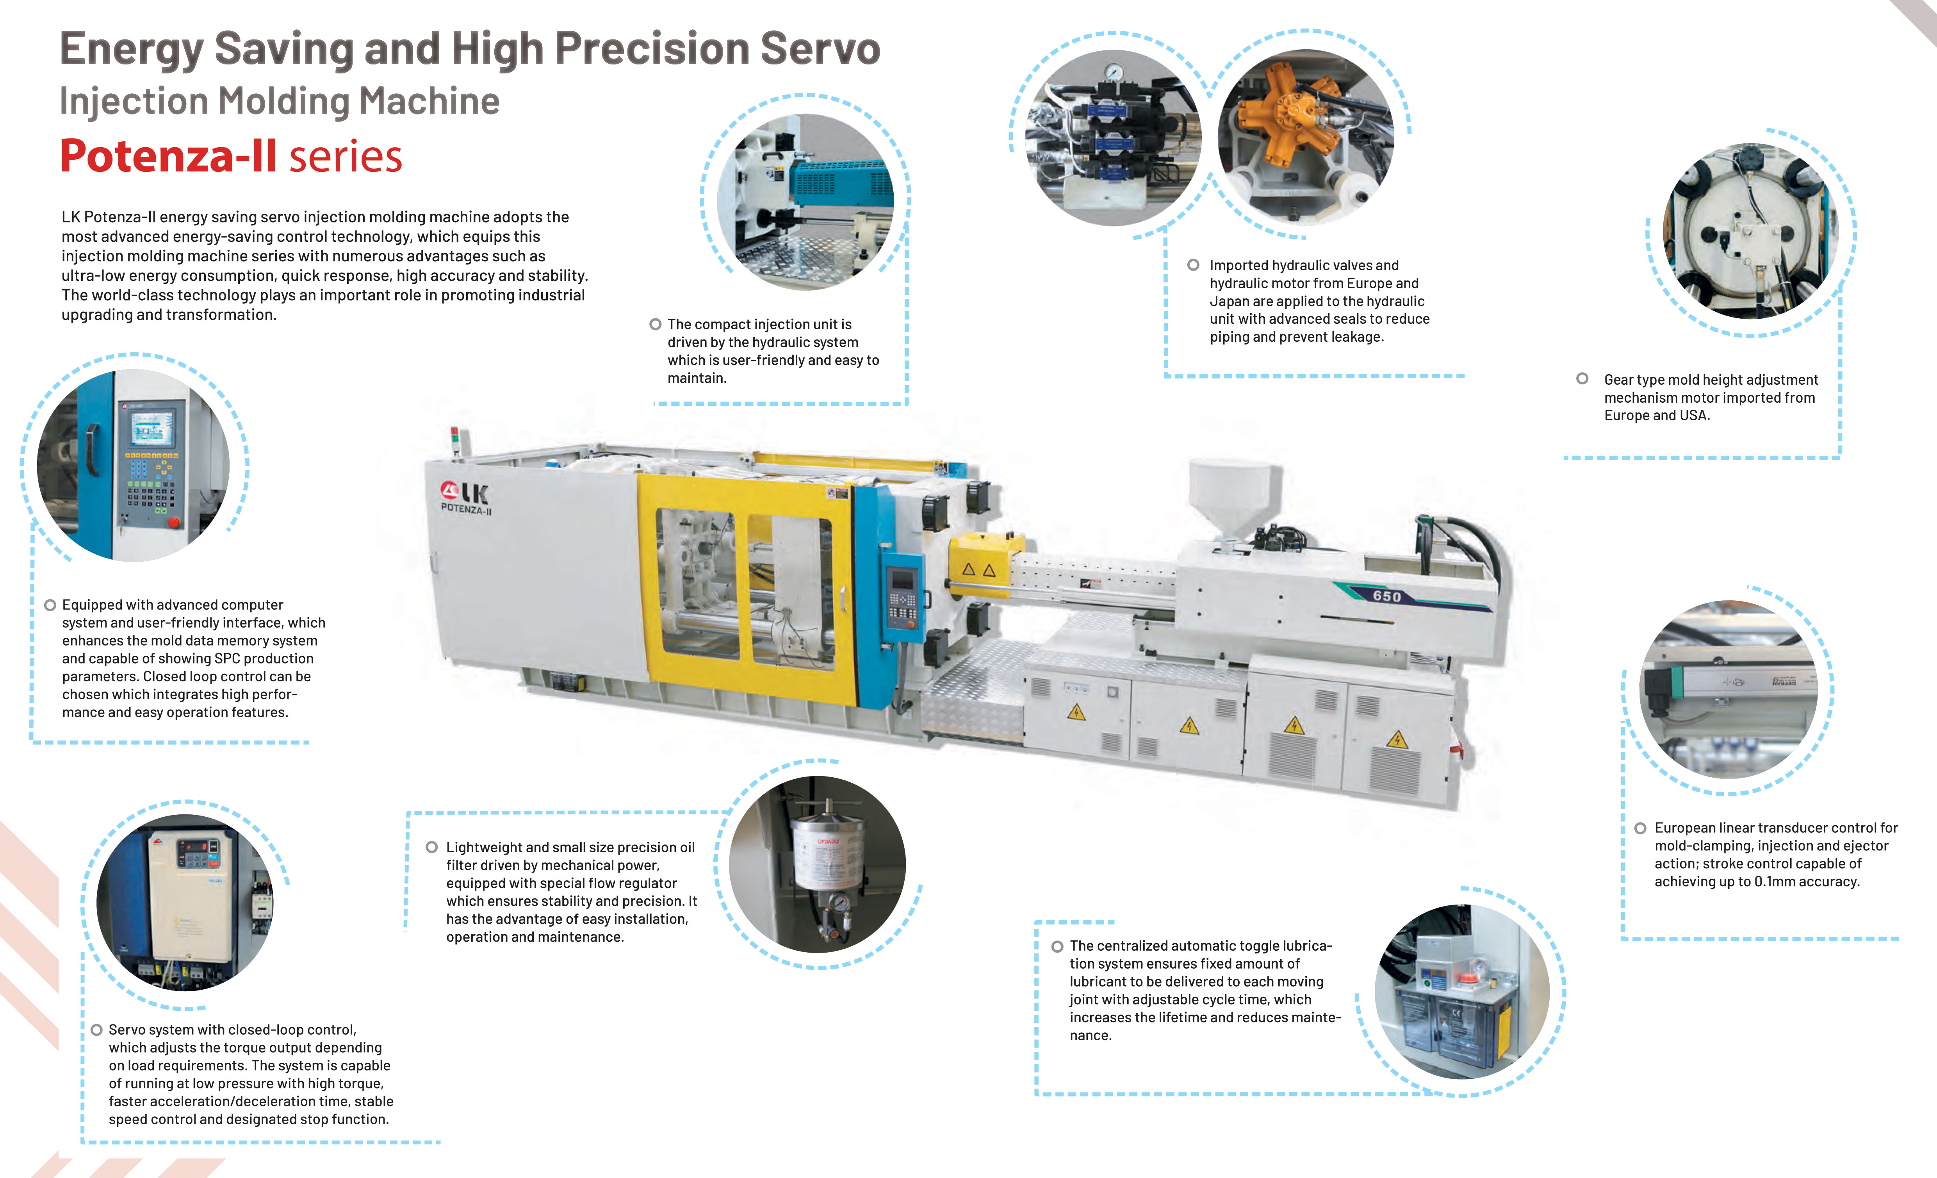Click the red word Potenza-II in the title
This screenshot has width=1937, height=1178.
(168, 156)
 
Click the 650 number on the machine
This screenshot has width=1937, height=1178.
(1387, 596)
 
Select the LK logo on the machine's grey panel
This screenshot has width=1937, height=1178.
(465, 493)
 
